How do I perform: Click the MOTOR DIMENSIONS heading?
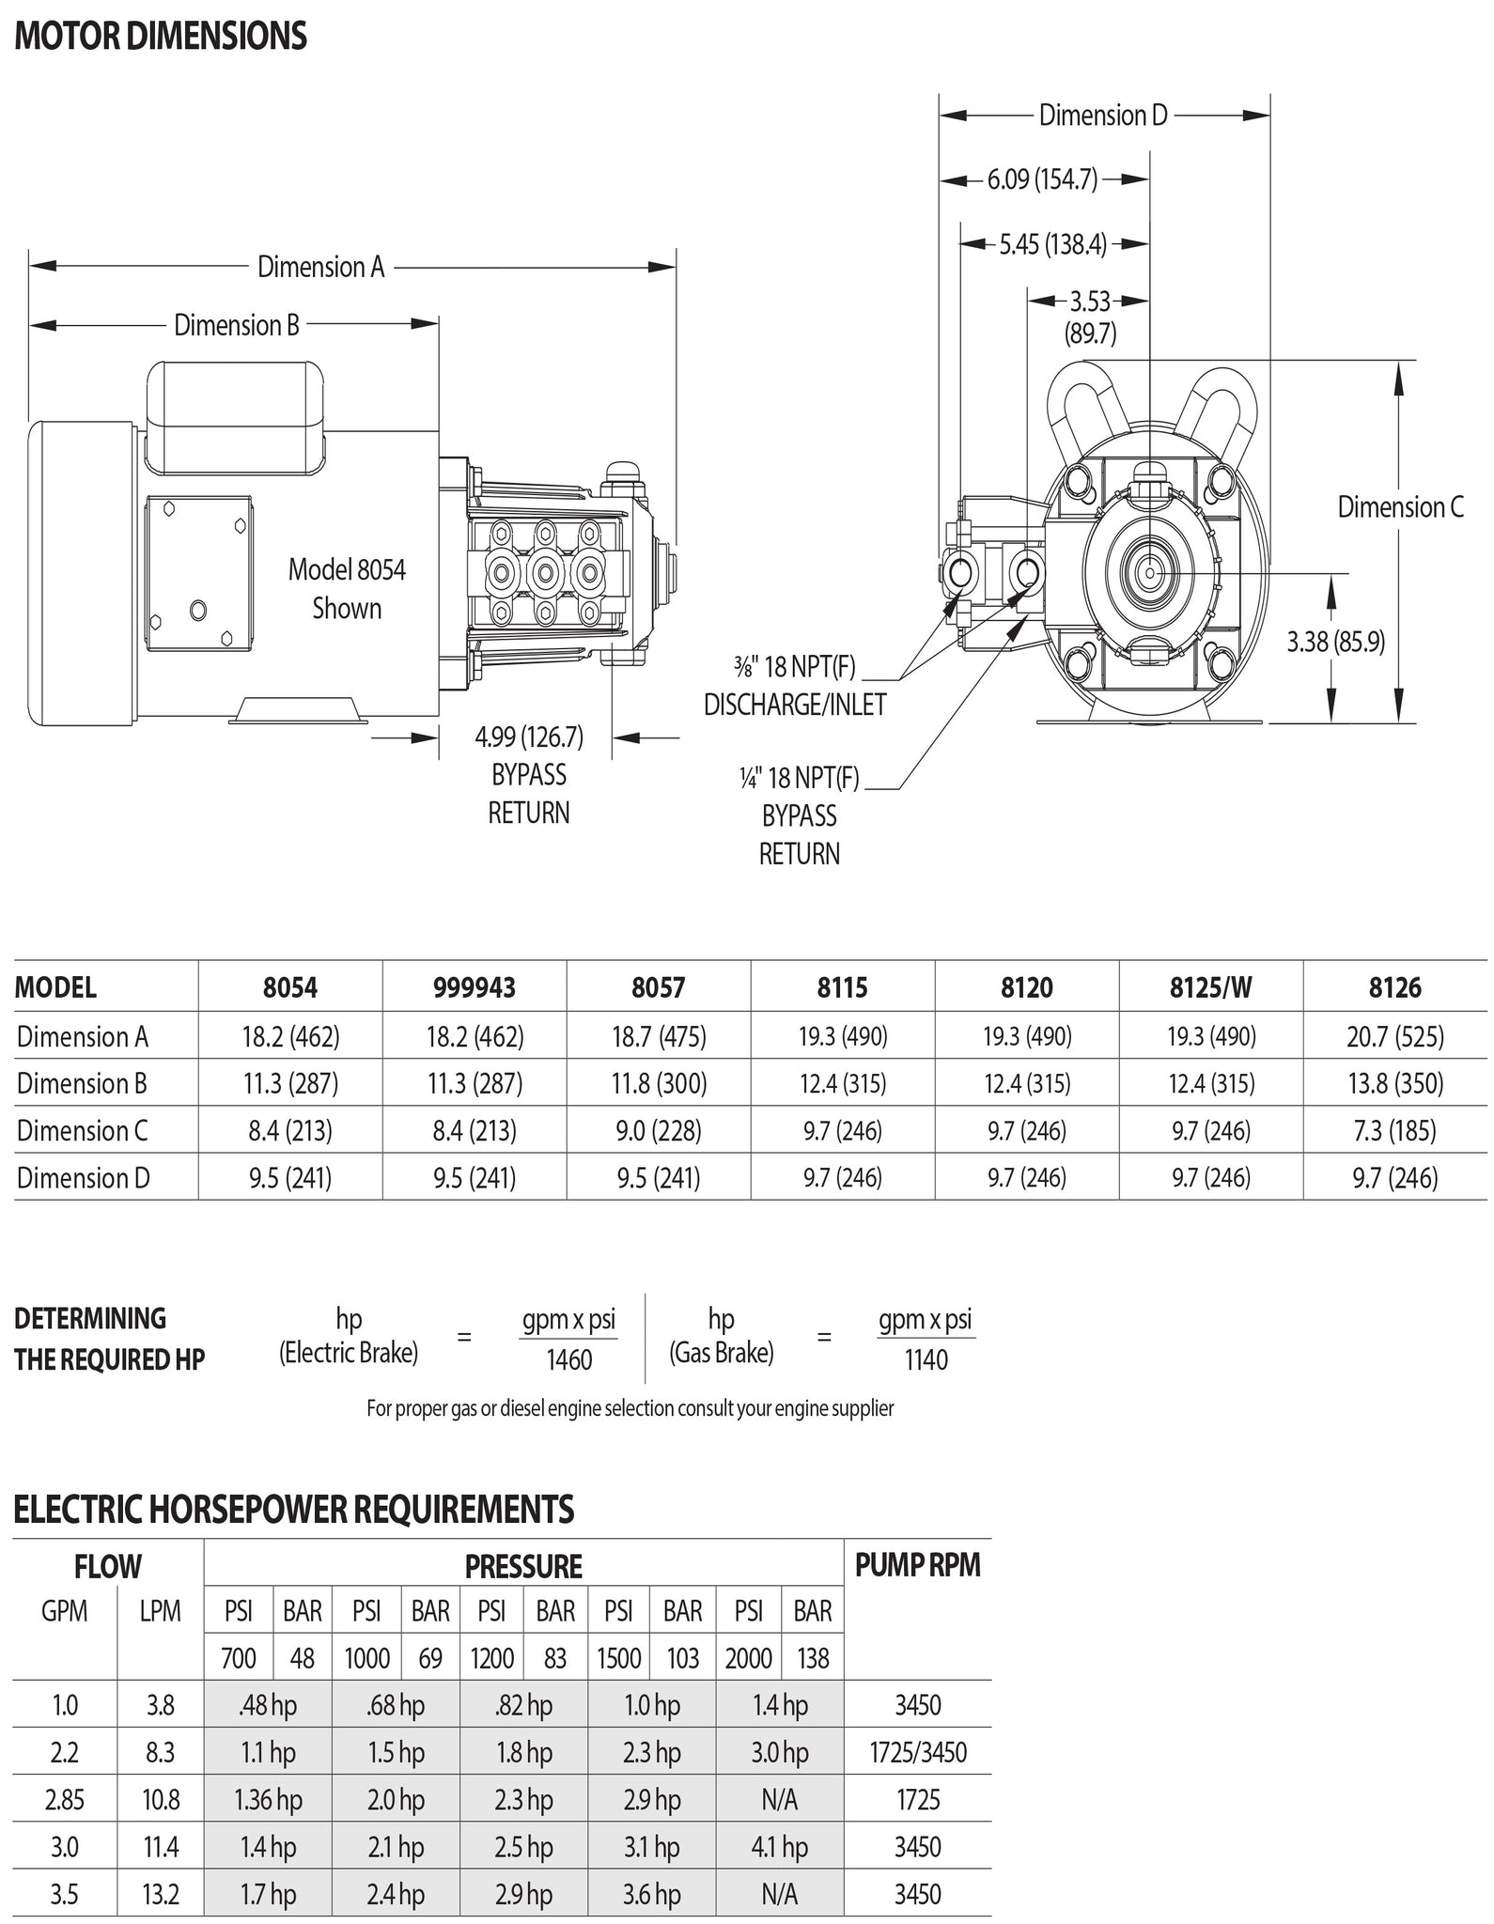(x=161, y=37)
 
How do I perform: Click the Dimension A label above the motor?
(x=321, y=268)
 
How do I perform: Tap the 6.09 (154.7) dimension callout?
(x=1042, y=179)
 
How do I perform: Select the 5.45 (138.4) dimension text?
(x=1052, y=245)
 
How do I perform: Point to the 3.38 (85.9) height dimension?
(x=1335, y=643)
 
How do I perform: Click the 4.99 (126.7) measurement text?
(x=529, y=737)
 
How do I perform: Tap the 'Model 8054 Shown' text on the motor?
(x=347, y=589)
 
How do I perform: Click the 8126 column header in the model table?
(x=1395, y=987)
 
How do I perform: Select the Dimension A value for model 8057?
(x=658, y=1037)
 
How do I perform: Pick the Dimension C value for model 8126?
(x=1395, y=1130)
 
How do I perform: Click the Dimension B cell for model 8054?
(x=290, y=1084)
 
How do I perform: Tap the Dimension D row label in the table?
(x=84, y=1178)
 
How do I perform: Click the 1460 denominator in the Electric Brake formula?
(x=569, y=1359)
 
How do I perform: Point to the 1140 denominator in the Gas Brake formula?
(x=926, y=1359)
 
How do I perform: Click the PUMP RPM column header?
(x=917, y=1565)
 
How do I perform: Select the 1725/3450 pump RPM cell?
(x=917, y=1752)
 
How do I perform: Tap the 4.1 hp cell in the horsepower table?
(x=779, y=1847)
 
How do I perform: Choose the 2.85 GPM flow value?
(x=65, y=1800)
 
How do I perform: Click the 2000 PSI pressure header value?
(x=748, y=1658)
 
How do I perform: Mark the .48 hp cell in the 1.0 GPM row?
(x=268, y=1705)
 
